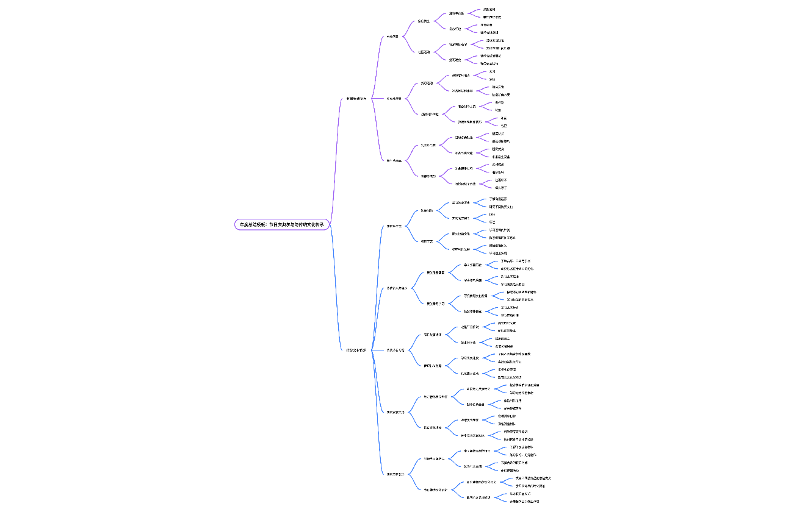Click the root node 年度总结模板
point(283,224)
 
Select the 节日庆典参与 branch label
point(356,98)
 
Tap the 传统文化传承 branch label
point(356,350)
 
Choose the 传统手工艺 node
point(394,226)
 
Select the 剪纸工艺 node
point(427,241)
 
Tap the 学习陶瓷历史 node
point(461,203)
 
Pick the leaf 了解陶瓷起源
point(497,199)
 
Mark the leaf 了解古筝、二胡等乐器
point(515,261)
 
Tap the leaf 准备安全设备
point(505,157)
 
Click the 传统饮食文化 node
point(395,412)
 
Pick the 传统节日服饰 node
point(395,474)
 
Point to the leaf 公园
point(493,71)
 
